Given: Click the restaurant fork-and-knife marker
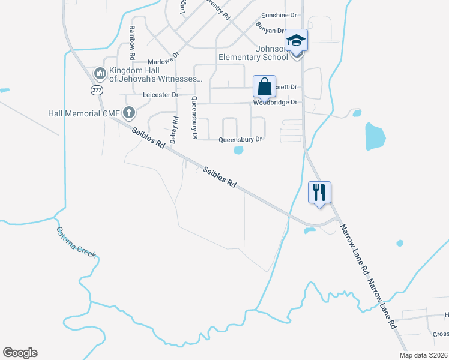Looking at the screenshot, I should [x=319, y=193].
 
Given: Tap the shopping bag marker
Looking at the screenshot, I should [x=264, y=86].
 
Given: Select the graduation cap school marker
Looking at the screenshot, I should [x=296, y=40].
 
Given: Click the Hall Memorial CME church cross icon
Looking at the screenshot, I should [x=128, y=112].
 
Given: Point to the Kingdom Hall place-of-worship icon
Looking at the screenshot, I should [x=100, y=74].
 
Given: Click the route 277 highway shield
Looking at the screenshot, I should [x=97, y=89].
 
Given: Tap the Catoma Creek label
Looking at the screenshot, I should [x=76, y=242].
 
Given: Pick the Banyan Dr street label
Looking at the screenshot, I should [x=270, y=30].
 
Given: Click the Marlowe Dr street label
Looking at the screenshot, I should [x=164, y=61].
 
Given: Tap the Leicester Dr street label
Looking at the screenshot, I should [x=160, y=95].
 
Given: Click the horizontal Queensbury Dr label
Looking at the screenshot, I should [x=240, y=139].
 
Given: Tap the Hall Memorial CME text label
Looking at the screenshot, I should [x=85, y=112].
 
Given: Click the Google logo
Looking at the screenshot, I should [x=20, y=353].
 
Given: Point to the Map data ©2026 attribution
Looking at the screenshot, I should [x=423, y=355].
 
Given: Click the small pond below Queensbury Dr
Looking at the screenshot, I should [x=238, y=150].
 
